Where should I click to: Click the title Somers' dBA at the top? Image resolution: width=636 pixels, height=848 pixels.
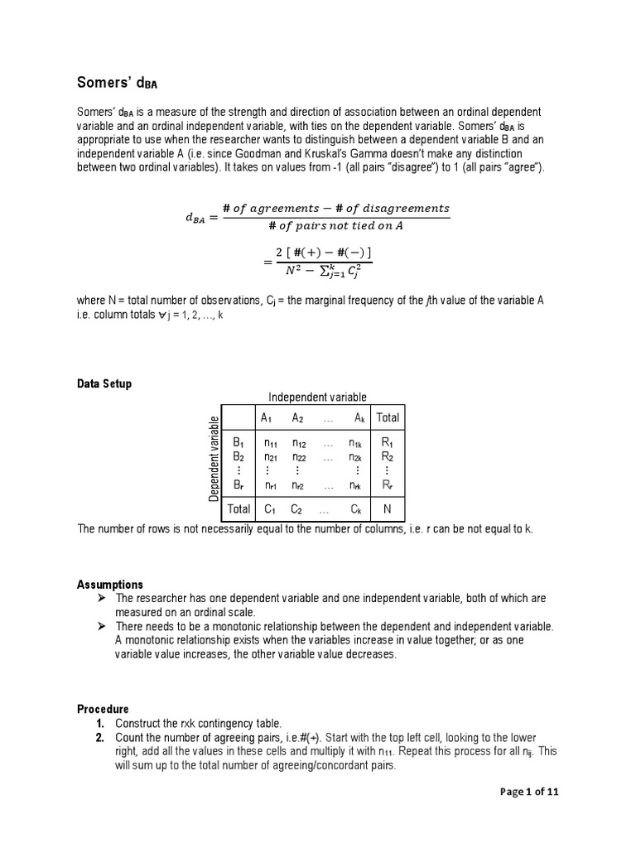(117, 82)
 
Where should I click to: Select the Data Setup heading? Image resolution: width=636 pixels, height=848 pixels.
(104, 384)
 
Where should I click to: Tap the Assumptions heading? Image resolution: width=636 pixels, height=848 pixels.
(109, 585)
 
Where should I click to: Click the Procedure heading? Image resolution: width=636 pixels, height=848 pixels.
(103, 709)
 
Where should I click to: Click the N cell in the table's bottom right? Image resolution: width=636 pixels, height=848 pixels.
(387, 508)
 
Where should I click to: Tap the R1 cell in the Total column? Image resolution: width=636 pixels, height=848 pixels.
(387, 443)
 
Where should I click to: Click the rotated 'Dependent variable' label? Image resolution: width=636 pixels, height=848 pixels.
(214, 458)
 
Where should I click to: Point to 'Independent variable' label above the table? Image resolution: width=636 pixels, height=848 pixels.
(316, 397)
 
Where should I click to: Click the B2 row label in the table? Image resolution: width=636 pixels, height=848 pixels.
(238, 456)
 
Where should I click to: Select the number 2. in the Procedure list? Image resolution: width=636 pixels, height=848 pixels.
(99, 738)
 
